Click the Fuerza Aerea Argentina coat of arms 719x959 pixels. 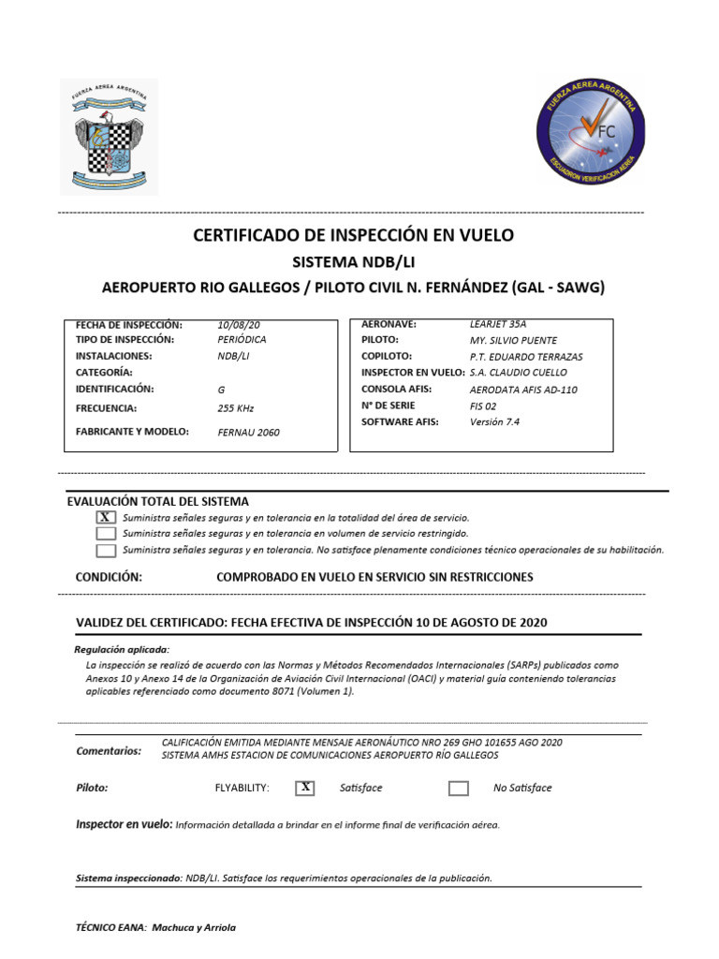(110, 137)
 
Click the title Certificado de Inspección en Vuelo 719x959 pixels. (353, 236)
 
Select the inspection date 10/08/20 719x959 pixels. (239, 324)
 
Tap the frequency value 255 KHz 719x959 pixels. (235, 408)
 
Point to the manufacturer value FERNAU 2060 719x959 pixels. (248, 433)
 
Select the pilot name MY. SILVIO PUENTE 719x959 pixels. (513, 340)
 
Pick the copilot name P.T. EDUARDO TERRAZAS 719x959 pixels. (525, 357)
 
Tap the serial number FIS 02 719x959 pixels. (483, 406)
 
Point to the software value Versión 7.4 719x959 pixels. (494, 422)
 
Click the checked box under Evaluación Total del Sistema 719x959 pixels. (106, 517)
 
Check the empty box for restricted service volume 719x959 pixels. (106, 533)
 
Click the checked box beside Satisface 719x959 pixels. (305, 788)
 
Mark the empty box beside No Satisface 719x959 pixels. (458, 788)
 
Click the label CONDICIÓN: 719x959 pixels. (109, 577)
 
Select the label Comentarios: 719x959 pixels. (109, 750)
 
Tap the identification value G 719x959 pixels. (221, 390)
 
